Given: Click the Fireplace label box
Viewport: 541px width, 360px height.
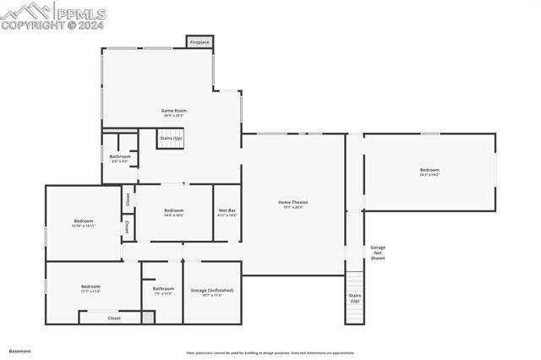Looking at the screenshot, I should (199, 41).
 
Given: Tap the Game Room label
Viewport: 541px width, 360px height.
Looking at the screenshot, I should (174, 111).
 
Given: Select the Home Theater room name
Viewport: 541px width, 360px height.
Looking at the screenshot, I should (293, 202).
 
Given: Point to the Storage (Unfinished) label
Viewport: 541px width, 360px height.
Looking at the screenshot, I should (211, 289).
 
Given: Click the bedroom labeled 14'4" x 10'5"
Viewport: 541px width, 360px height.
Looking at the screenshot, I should (174, 212).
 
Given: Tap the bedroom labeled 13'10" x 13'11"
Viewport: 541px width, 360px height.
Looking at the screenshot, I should (84, 223).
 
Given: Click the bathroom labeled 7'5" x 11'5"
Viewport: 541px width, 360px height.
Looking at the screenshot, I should (163, 291).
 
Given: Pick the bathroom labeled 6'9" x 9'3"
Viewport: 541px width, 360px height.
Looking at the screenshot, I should (120, 157).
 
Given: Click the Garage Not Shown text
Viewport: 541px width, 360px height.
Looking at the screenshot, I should (378, 253).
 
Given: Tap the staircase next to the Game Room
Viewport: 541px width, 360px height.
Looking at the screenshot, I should (170, 138).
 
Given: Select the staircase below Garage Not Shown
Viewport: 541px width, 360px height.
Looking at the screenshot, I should (354, 298).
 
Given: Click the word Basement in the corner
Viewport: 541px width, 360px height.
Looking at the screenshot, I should (19, 350).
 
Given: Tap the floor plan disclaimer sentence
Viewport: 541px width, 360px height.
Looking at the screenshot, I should (270, 353).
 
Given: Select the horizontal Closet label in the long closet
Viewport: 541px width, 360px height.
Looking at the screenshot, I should (114, 318).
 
